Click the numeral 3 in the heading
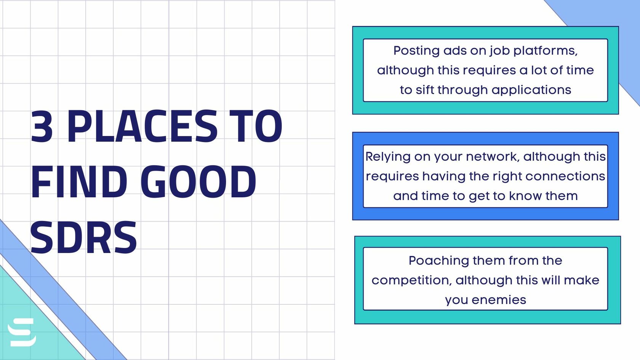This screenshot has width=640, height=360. [x=42, y=126]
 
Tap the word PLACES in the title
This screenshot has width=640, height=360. [x=142, y=126]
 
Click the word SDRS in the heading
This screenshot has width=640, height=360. [x=83, y=238]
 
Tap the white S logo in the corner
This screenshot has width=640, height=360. [x=22, y=332]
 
